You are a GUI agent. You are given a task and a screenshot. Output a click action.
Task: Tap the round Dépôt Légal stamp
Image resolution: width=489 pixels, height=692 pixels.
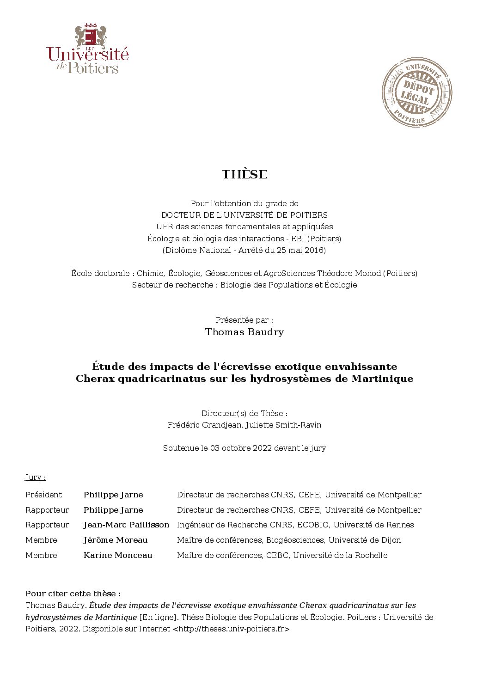click(416, 92)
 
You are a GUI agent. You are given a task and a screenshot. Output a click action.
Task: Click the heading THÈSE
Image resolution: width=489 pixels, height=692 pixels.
click(244, 174)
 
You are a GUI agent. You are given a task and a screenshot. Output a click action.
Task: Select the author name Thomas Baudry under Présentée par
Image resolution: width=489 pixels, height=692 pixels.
click(244, 332)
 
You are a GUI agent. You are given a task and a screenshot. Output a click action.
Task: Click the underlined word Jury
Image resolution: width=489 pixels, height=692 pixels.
click(35, 478)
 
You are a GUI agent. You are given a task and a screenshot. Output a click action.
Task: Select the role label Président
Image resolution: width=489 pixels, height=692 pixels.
click(43, 495)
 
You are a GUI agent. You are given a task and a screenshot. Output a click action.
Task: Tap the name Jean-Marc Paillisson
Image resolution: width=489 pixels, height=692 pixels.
click(126, 525)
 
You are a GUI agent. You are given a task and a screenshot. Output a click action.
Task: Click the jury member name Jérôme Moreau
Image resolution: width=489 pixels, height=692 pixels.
click(116, 540)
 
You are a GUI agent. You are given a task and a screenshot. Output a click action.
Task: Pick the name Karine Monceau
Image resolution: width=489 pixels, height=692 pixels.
click(118, 555)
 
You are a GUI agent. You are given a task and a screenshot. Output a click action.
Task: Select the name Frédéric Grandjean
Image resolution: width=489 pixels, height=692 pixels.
click(204, 425)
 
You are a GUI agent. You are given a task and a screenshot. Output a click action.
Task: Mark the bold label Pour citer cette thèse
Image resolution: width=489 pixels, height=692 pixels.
click(73, 594)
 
